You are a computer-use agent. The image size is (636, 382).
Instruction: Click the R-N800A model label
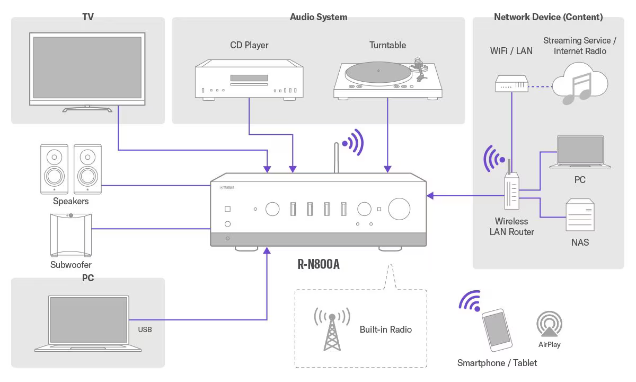[318, 264]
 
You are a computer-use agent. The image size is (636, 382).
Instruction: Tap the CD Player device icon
[249, 80]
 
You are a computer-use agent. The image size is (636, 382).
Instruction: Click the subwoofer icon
[70, 233]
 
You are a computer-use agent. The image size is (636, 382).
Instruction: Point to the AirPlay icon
[549, 324]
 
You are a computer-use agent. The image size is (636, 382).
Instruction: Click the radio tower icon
[332, 329]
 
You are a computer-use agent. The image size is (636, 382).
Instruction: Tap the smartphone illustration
[497, 329]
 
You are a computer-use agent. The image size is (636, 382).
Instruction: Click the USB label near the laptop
[145, 329]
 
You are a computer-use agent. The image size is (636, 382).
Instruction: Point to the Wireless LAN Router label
[511, 227]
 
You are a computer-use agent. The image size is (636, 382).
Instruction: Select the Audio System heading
[319, 17]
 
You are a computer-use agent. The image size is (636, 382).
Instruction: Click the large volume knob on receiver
[399, 209]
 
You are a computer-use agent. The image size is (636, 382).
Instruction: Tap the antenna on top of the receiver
[335, 158]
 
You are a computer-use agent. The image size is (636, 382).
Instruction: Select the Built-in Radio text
[385, 329]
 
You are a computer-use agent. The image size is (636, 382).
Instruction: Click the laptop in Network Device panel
[580, 152]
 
